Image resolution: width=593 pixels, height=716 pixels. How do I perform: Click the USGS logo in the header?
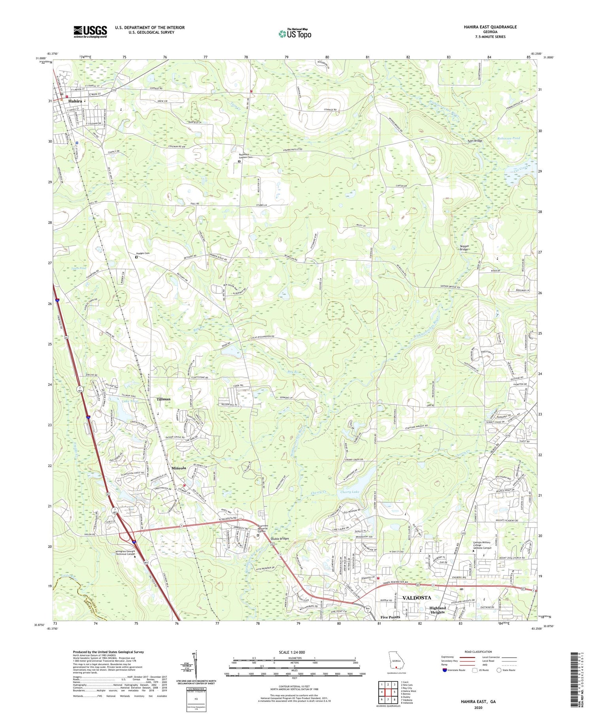[x=90, y=32]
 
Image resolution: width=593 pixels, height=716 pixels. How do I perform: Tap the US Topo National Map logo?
[x=295, y=34]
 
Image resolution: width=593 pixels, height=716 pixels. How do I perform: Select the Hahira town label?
[x=74, y=101]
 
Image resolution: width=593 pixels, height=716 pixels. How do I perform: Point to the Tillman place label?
[x=163, y=399]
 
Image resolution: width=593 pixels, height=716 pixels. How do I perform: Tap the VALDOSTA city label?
[x=416, y=598]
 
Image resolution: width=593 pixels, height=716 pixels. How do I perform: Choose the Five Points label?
[x=390, y=617]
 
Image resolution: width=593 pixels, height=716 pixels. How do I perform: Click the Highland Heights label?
[x=437, y=610]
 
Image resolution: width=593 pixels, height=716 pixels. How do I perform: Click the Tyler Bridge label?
[x=474, y=141]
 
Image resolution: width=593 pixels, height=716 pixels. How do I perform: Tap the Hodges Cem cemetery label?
[x=143, y=253]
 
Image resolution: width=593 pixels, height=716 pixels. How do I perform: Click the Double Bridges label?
[x=281, y=539]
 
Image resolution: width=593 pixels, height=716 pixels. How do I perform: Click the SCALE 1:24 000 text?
[x=293, y=652]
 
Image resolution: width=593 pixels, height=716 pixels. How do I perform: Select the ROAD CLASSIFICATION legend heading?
[x=478, y=652]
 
